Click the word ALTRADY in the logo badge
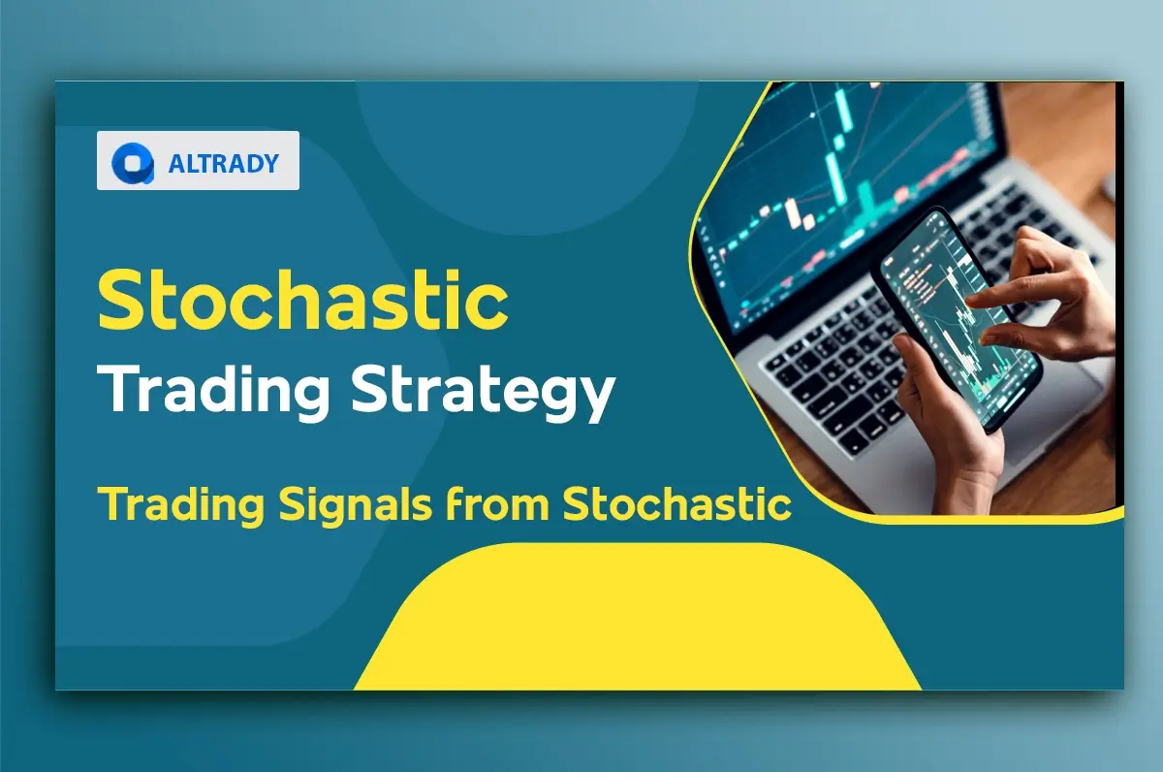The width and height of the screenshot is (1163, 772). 223,163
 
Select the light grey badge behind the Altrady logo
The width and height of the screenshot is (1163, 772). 198,161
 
